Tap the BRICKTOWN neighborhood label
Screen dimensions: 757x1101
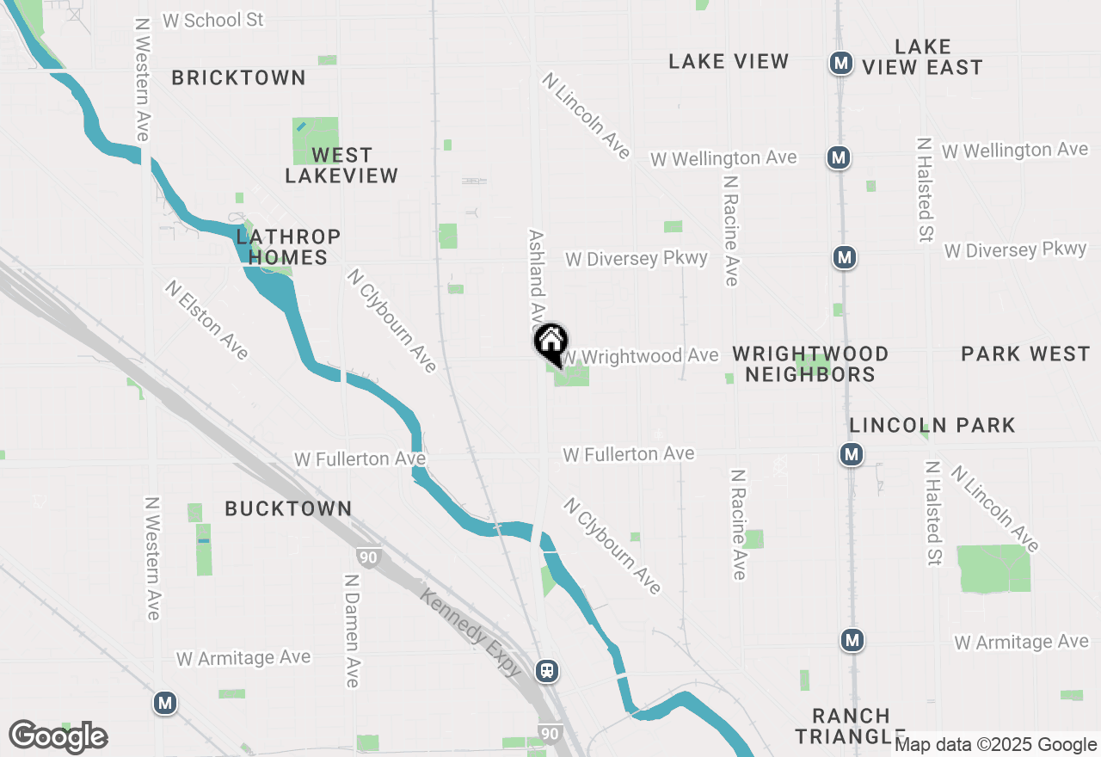pos(238,77)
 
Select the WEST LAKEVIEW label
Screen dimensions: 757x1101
pos(341,165)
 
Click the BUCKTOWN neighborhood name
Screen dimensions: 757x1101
pos(288,508)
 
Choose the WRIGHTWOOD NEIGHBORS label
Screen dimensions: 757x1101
pos(810,364)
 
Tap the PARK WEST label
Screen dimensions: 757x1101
pos(1025,354)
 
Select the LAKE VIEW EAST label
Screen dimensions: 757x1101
pos(922,57)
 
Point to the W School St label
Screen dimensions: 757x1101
pos(212,20)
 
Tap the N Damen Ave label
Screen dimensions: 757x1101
pos(351,631)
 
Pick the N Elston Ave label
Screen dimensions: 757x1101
pos(207,320)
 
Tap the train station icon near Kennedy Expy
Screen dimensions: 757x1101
pos(546,670)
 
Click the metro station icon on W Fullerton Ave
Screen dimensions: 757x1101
pos(852,454)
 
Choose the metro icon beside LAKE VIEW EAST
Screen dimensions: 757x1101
pos(840,63)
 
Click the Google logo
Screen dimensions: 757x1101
pos(58,736)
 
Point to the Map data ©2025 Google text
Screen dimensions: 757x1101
pos(995,745)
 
